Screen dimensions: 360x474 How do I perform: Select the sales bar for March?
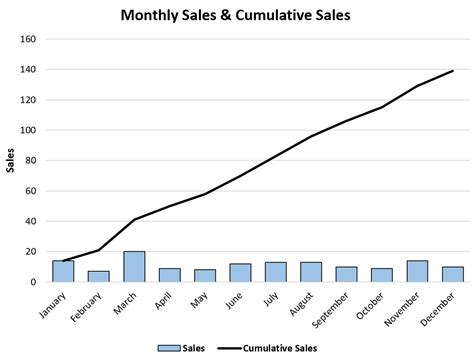[134, 267]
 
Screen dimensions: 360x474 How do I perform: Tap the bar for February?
[98, 277]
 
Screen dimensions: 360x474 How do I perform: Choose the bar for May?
[205, 276]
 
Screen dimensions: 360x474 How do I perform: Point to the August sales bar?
[311, 272]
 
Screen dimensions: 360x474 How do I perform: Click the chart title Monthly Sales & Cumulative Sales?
[236, 16]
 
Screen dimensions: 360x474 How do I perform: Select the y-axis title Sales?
[10, 160]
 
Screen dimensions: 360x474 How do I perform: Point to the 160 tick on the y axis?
[28, 39]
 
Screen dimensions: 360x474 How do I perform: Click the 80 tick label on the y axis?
[31, 161]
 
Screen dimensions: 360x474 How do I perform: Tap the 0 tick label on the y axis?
[34, 282]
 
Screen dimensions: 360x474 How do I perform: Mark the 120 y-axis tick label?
[28, 100]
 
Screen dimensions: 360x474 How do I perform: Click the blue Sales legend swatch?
[166, 347]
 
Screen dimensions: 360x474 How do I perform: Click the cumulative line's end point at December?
[452, 71]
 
